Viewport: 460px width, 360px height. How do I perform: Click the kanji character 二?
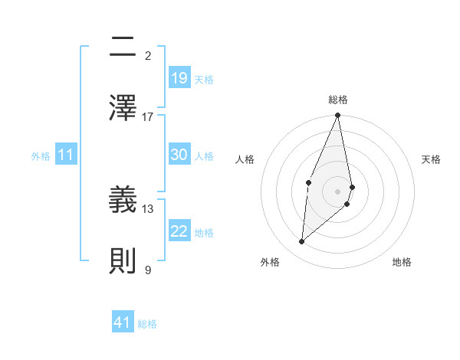(123, 48)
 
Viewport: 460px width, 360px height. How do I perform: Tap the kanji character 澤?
(123, 108)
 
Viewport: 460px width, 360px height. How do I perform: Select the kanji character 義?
(123, 200)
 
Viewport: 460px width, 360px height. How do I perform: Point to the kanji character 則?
(123, 260)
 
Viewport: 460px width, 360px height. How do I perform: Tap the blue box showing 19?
(179, 78)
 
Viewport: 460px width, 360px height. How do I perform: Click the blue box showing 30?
(179, 155)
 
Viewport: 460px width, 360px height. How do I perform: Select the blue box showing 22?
(179, 231)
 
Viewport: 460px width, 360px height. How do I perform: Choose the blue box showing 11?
(66, 155)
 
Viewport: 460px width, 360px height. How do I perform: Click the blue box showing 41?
(123, 322)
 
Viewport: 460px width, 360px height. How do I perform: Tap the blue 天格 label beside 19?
(204, 79)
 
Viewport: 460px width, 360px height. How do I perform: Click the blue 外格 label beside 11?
(41, 155)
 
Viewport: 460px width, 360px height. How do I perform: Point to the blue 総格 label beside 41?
(147, 323)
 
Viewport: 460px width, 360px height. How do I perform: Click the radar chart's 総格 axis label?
(338, 100)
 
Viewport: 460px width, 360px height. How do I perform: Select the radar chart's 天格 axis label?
(432, 159)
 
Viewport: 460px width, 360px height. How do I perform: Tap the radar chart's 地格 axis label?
(402, 262)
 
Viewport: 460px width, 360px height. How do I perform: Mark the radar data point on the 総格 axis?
(338, 116)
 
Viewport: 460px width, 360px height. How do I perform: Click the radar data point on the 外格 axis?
(302, 241)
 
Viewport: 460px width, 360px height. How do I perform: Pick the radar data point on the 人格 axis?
(308, 182)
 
